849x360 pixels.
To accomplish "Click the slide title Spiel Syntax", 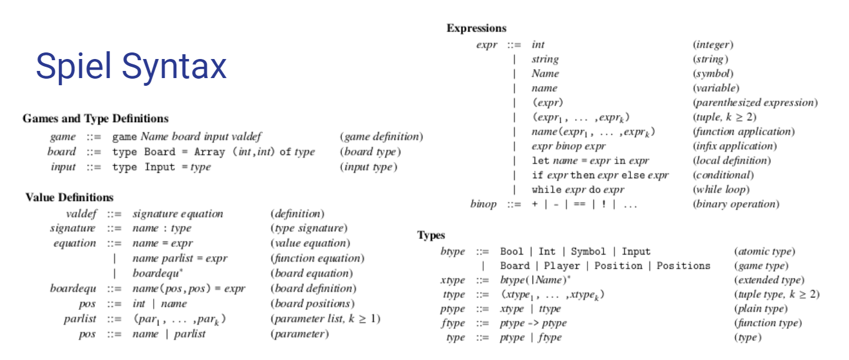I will click(x=131, y=66).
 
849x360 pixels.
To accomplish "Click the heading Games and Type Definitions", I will click(x=95, y=119).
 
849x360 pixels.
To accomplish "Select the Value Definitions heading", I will click(x=70, y=197).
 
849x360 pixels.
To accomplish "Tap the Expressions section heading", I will click(x=477, y=28).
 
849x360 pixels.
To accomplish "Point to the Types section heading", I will click(x=431, y=235).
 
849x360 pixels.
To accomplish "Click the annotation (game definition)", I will click(x=381, y=136).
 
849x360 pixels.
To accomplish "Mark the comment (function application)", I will click(x=743, y=132).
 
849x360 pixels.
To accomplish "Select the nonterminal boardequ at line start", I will click(x=73, y=288).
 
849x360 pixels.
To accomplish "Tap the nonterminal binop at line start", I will click(x=483, y=204).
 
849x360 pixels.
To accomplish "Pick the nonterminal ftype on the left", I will click(x=453, y=323).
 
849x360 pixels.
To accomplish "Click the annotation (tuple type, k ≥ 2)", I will click(x=776, y=294).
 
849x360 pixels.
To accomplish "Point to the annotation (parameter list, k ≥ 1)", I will click(x=325, y=319).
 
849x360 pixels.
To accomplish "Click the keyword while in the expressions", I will click(x=545, y=190).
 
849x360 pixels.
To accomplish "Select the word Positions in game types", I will click(x=683, y=266).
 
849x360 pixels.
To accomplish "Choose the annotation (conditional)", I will click(x=723, y=175).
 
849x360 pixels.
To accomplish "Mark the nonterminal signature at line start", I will click(x=73, y=228).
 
